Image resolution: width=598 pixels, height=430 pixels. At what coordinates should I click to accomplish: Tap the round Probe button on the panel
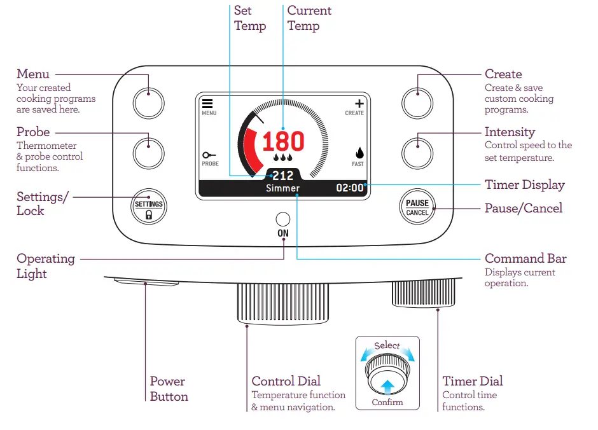coord(148,153)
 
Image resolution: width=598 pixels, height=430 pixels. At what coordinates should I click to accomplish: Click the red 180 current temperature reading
coord(283,141)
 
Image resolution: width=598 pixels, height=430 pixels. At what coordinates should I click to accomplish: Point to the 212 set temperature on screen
coord(282,175)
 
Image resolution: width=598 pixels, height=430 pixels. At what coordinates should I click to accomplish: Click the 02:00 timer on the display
coord(349,188)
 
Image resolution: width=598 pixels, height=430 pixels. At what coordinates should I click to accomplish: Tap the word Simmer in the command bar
coord(282,188)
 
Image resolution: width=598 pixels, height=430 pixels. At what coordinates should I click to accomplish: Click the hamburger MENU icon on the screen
coord(208,104)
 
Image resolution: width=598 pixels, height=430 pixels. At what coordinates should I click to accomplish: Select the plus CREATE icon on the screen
coord(359,104)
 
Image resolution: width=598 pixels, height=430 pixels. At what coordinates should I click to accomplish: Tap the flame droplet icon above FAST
coord(359,153)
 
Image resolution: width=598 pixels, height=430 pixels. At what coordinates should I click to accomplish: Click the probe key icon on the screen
coord(209,155)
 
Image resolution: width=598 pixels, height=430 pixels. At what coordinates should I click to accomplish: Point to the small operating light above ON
coord(282,219)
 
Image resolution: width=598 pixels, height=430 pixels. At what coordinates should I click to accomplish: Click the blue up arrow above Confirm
coord(387,385)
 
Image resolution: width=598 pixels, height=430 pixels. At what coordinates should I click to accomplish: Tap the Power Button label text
coord(169,389)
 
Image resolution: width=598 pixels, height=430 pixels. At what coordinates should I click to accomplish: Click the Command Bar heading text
coord(525,258)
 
